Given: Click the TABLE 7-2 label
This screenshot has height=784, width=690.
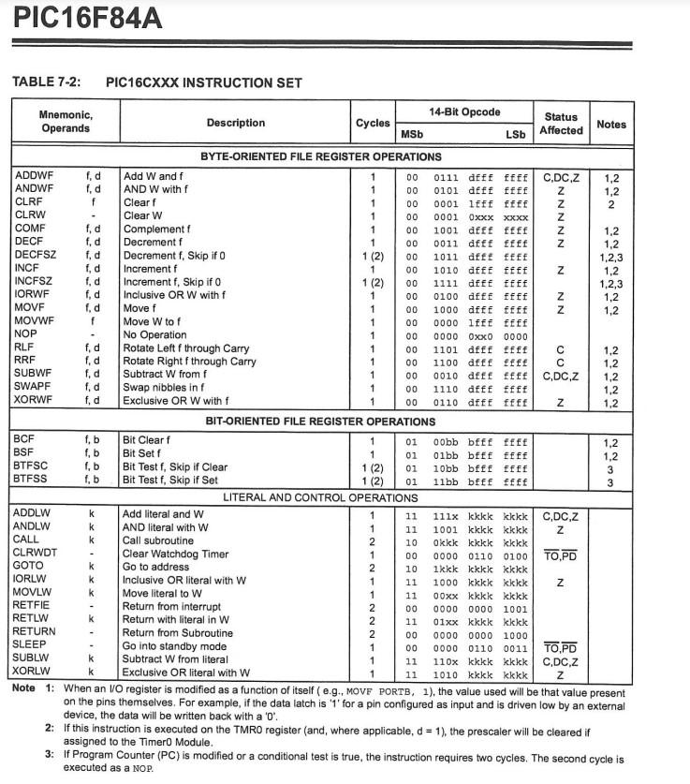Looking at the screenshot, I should tap(45, 82).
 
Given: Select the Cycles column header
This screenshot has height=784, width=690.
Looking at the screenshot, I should tap(373, 124).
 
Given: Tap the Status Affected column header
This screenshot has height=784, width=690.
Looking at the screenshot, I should tap(561, 124).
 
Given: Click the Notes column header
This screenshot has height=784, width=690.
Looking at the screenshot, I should tap(611, 124).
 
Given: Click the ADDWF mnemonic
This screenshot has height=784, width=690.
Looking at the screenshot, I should tap(35, 176).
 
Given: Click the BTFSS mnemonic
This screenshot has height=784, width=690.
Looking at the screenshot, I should tap(34, 481).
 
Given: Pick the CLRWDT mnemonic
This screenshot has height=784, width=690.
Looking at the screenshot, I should tap(37, 553).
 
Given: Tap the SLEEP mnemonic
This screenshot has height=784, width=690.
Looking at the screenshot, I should tap(32, 645).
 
